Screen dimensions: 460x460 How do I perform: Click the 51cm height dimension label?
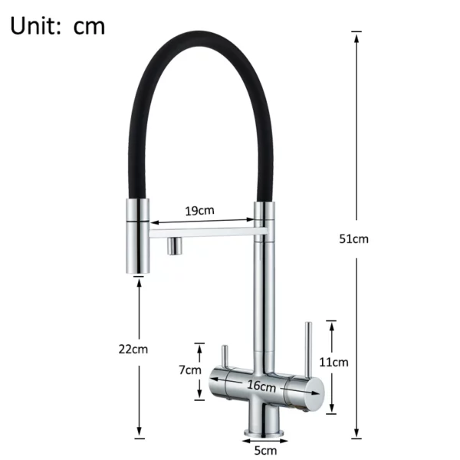coord(354,238)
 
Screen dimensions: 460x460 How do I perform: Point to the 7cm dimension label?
coord(190,370)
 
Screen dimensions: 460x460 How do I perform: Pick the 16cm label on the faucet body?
coord(261,386)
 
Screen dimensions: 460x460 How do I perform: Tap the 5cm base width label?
coord(265,450)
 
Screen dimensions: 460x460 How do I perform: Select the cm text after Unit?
coord(90,26)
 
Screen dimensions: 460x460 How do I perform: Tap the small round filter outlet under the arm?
coord(174,245)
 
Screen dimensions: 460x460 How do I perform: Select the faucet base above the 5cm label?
coord(264,424)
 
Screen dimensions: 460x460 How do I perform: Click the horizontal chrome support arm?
coord(203,228)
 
